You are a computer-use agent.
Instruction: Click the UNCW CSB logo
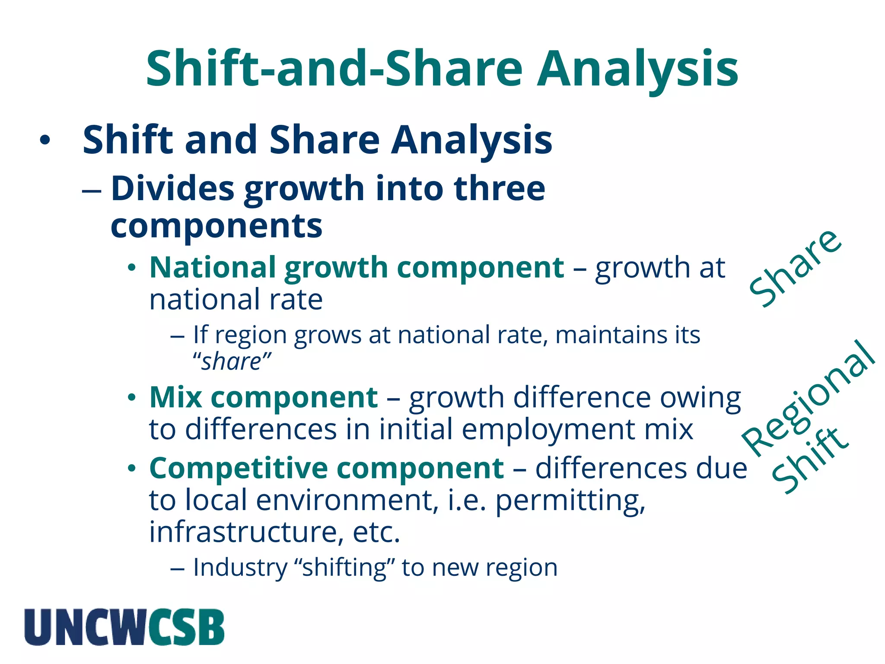click(x=124, y=627)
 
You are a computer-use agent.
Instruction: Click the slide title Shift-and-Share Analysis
click(x=442, y=69)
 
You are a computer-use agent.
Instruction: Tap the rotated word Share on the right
click(x=796, y=268)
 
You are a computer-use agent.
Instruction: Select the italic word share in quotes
click(x=232, y=362)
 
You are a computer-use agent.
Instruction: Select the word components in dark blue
click(x=216, y=226)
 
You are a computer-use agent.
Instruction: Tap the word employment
click(x=548, y=430)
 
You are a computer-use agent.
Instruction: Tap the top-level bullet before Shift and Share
click(x=45, y=140)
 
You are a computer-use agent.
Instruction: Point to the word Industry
click(x=240, y=568)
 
